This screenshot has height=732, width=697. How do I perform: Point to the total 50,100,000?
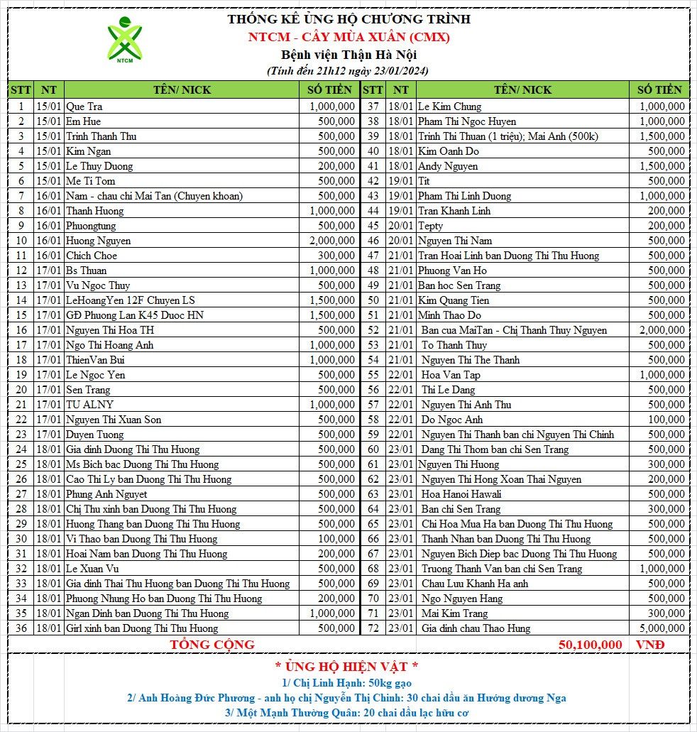tap(590, 645)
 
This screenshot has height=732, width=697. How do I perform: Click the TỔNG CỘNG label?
tap(212, 645)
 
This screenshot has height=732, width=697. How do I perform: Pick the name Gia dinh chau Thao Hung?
tap(476, 628)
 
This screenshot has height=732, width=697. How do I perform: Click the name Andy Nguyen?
tap(448, 166)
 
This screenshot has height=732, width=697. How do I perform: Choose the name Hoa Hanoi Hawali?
tap(461, 494)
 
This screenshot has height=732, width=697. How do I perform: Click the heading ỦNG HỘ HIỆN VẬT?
tap(347, 667)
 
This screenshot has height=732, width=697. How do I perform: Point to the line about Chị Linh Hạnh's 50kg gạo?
tap(347, 682)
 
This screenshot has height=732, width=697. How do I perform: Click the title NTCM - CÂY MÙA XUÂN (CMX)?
tap(348, 37)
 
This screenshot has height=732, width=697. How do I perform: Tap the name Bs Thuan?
tap(87, 271)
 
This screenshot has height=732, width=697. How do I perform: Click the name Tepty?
tap(431, 226)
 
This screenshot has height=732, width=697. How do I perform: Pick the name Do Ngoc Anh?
tap(452, 420)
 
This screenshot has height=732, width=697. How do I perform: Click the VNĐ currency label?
tap(650, 645)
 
